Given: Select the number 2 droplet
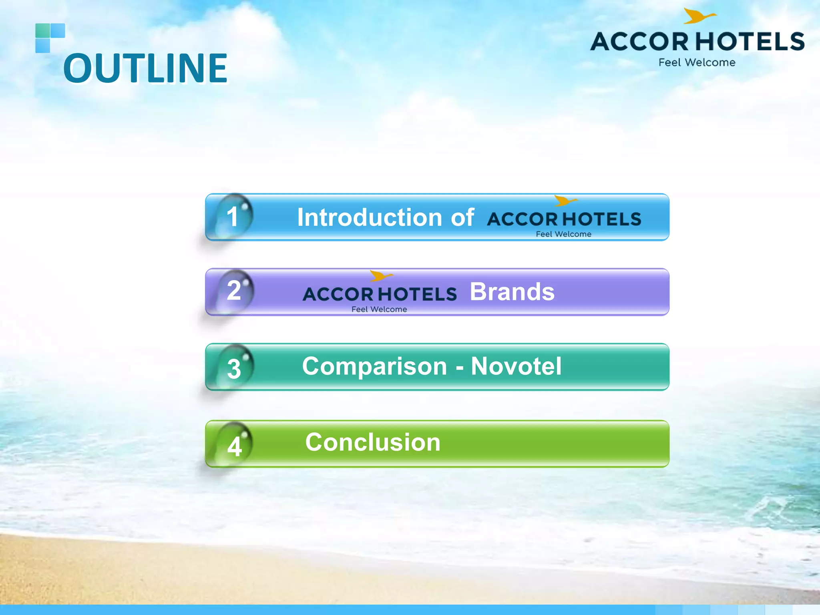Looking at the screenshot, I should click(x=235, y=291).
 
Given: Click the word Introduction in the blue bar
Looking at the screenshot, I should click(x=369, y=217).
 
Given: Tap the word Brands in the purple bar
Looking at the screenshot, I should click(x=512, y=291).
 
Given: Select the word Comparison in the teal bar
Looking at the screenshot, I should click(x=374, y=366).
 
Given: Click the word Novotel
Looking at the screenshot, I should click(x=516, y=366).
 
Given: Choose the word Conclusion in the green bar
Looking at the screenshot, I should click(x=373, y=442).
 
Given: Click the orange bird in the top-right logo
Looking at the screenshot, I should click(x=698, y=16).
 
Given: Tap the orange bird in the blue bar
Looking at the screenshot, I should click(x=565, y=200).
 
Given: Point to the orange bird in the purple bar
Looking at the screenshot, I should click(x=380, y=275).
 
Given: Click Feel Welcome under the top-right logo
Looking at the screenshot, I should click(x=697, y=62).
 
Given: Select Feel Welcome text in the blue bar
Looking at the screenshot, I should click(x=563, y=234).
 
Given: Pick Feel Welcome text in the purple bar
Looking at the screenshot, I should click(x=379, y=309).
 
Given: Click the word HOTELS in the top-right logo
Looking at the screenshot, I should click(x=750, y=42).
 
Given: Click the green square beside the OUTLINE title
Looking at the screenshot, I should click(x=42, y=30).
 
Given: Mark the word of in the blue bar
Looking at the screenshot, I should click(x=462, y=217).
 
